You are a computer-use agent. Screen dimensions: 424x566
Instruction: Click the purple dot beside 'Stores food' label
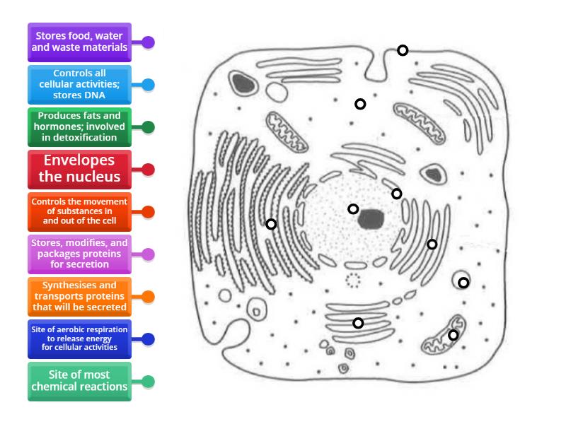[x=148, y=42]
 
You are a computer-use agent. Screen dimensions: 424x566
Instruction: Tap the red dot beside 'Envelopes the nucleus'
[x=148, y=170]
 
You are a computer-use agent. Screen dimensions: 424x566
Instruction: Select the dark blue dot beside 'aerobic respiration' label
[x=148, y=339]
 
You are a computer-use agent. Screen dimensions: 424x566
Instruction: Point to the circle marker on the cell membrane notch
[x=403, y=50]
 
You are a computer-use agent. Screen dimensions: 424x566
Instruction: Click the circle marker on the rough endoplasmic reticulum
[x=271, y=224]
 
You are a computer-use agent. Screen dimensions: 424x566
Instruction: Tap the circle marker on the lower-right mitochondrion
[x=454, y=335]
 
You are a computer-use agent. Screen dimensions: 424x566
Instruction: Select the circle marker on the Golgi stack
[x=358, y=323]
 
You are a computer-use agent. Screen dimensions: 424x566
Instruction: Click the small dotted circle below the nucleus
[x=352, y=281]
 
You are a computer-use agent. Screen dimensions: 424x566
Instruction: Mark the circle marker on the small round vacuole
[x=463, y=283]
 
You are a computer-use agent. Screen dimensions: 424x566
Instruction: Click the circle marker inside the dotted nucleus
[x=353, y=208]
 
